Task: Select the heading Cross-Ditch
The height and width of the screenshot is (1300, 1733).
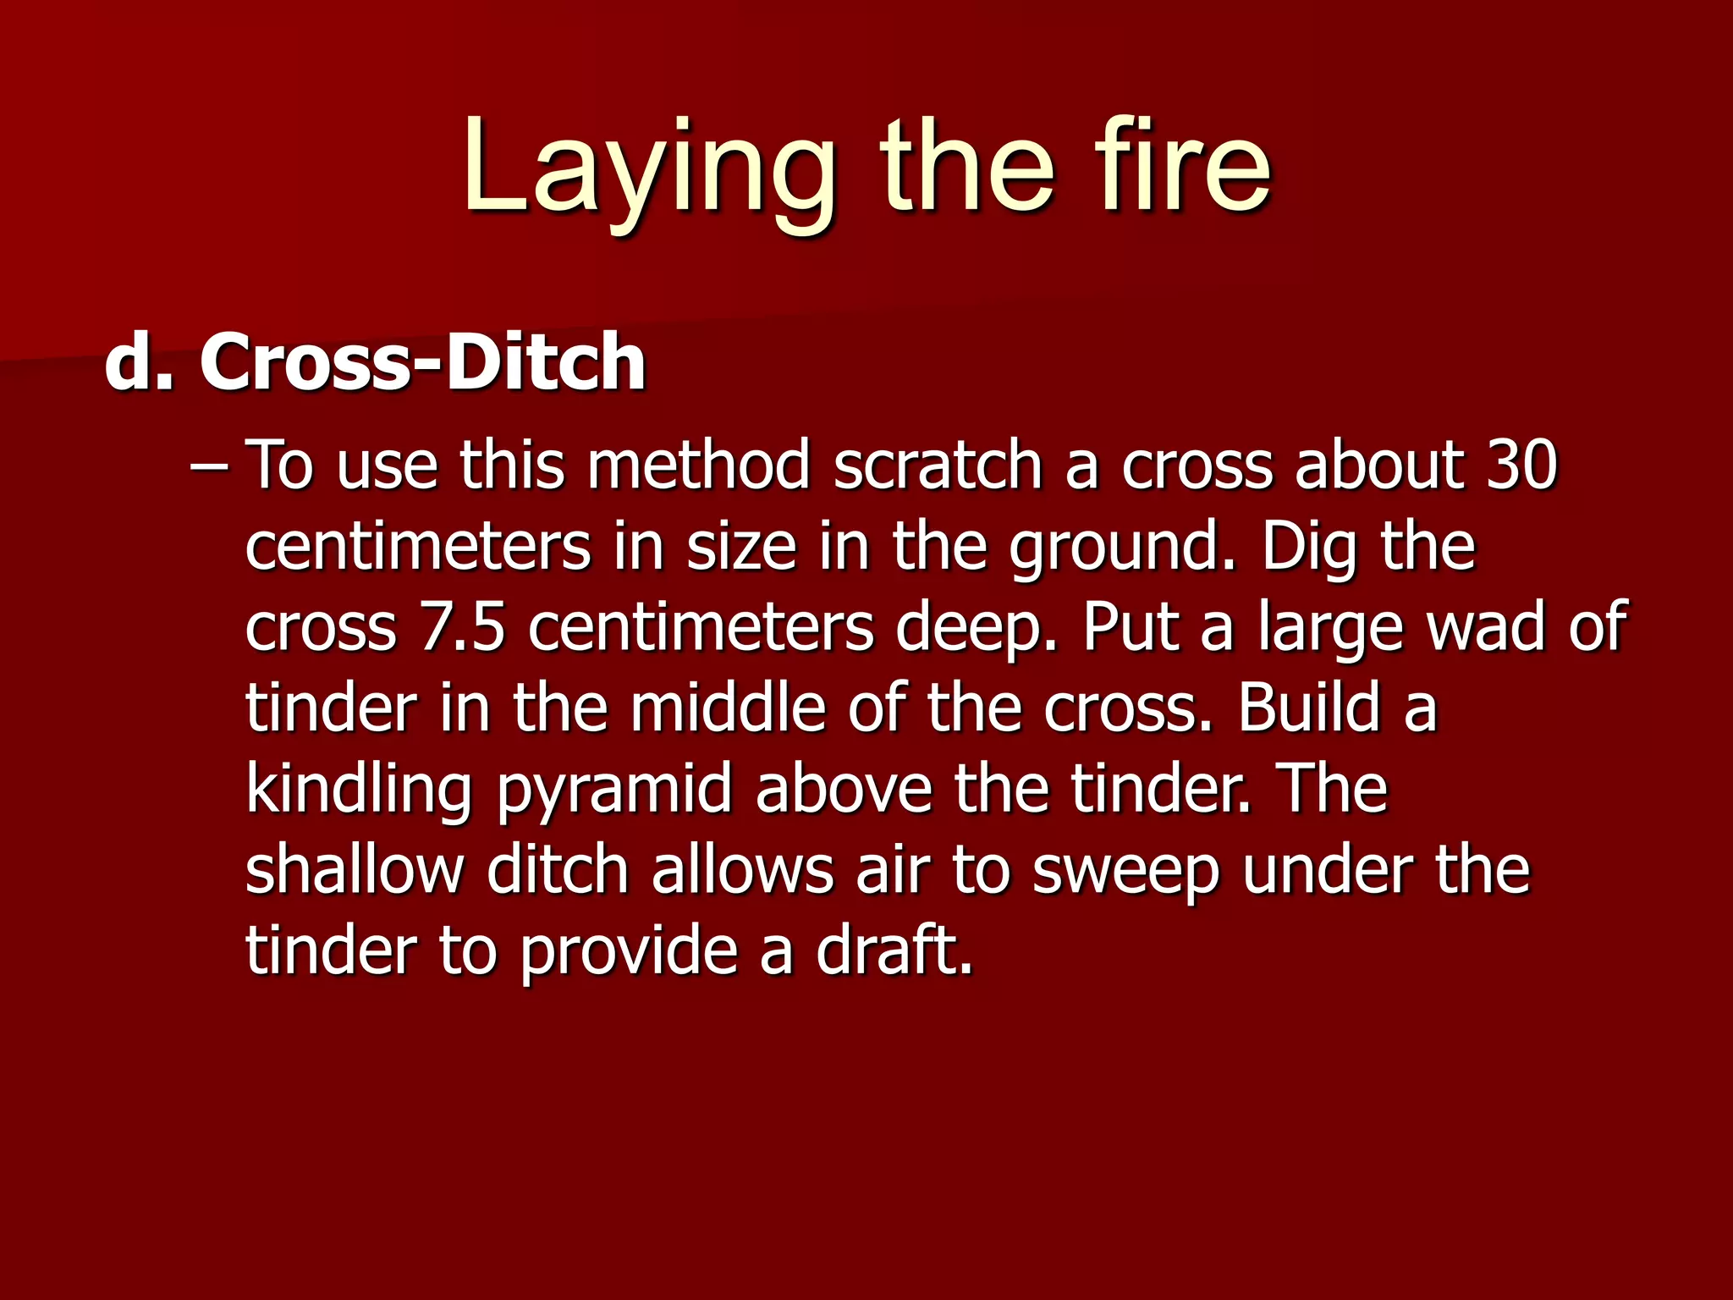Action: click(422, 362)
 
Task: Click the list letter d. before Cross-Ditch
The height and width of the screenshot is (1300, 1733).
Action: click(139, 362)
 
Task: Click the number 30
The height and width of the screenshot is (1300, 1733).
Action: click(1521, 465)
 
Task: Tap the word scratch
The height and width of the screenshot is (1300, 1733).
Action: click(937, 465)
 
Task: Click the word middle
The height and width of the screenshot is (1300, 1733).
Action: click(727, 708)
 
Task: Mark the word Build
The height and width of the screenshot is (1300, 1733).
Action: click(1309, 708)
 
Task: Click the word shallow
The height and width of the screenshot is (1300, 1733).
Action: click(355, 870)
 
